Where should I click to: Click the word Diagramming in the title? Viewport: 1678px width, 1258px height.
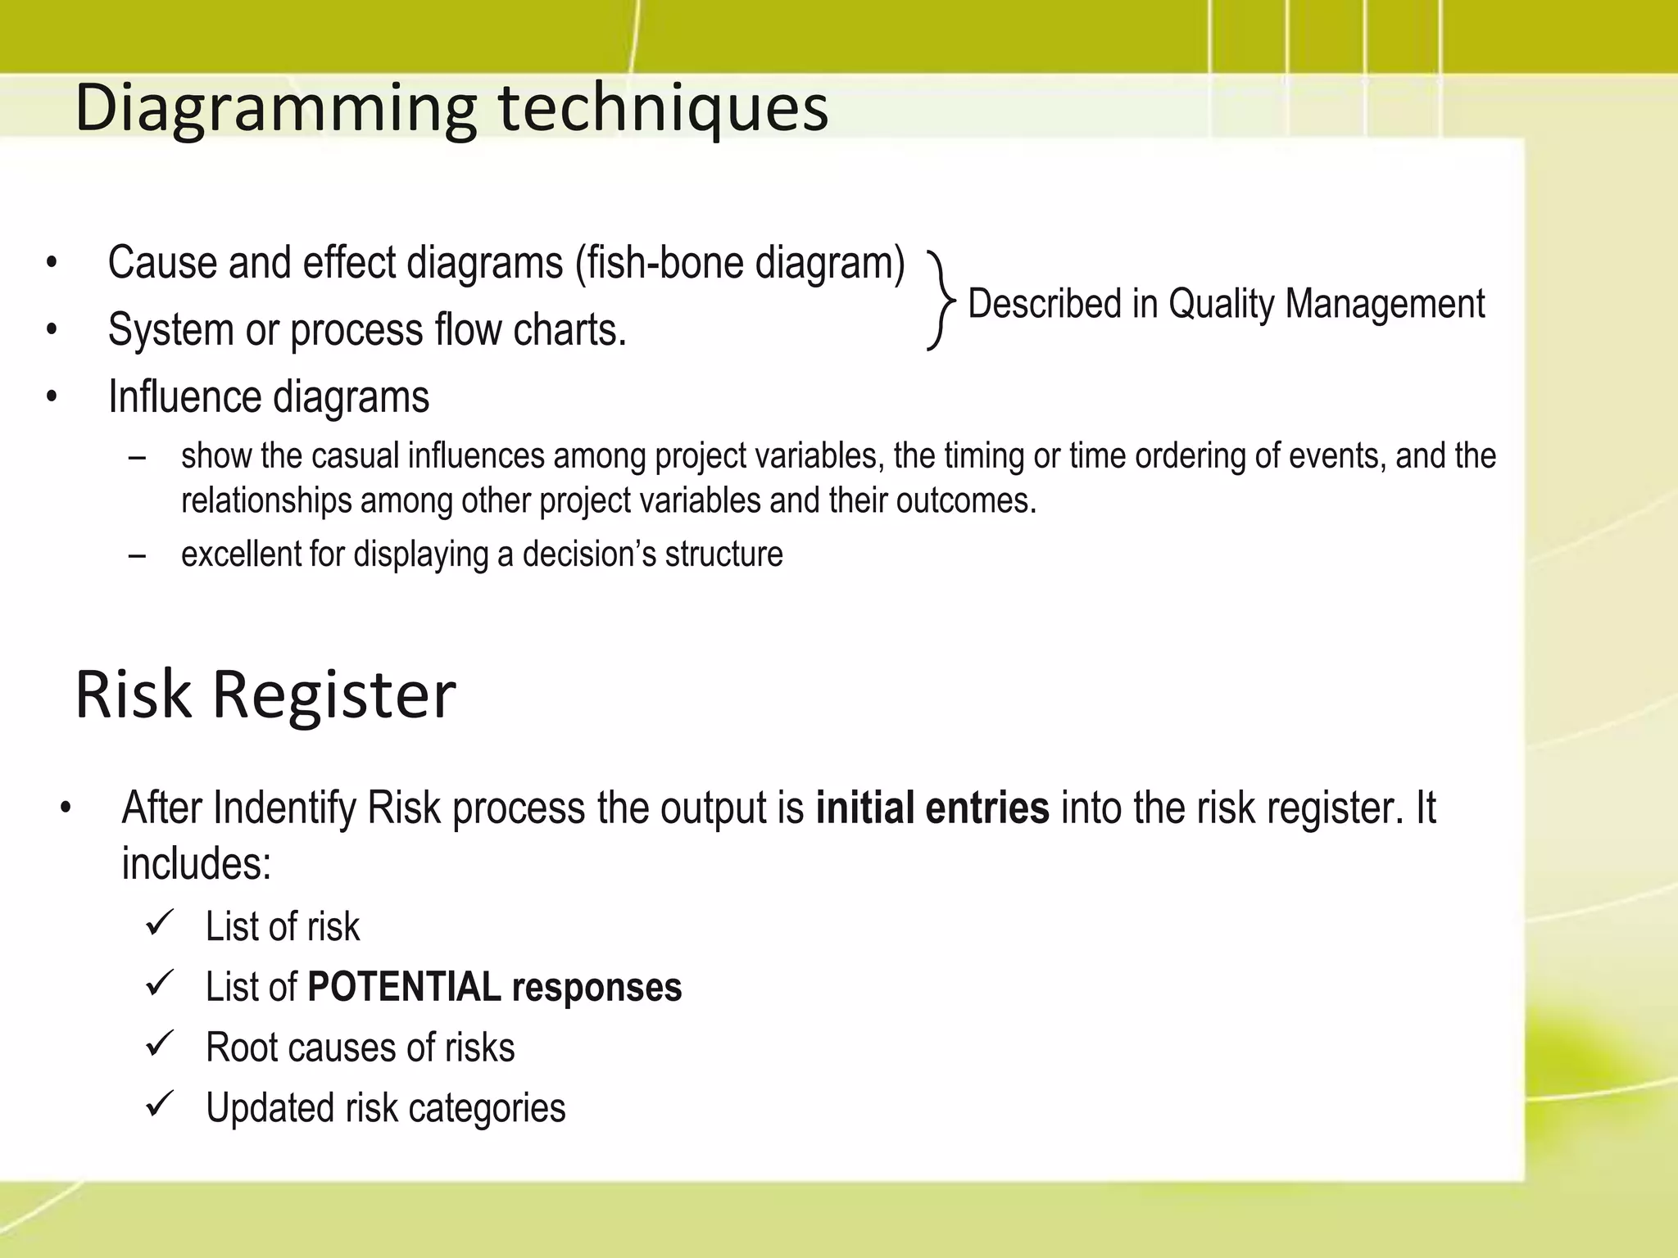point(275,108)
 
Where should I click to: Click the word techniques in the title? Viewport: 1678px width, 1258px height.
point(664,108)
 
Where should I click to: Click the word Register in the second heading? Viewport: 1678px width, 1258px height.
point(333,695)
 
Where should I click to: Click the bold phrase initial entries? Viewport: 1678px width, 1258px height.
point(932,808)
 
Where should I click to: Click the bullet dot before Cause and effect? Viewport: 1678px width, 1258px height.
point(52,265)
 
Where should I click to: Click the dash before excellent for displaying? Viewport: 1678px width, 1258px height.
point(137,555)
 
